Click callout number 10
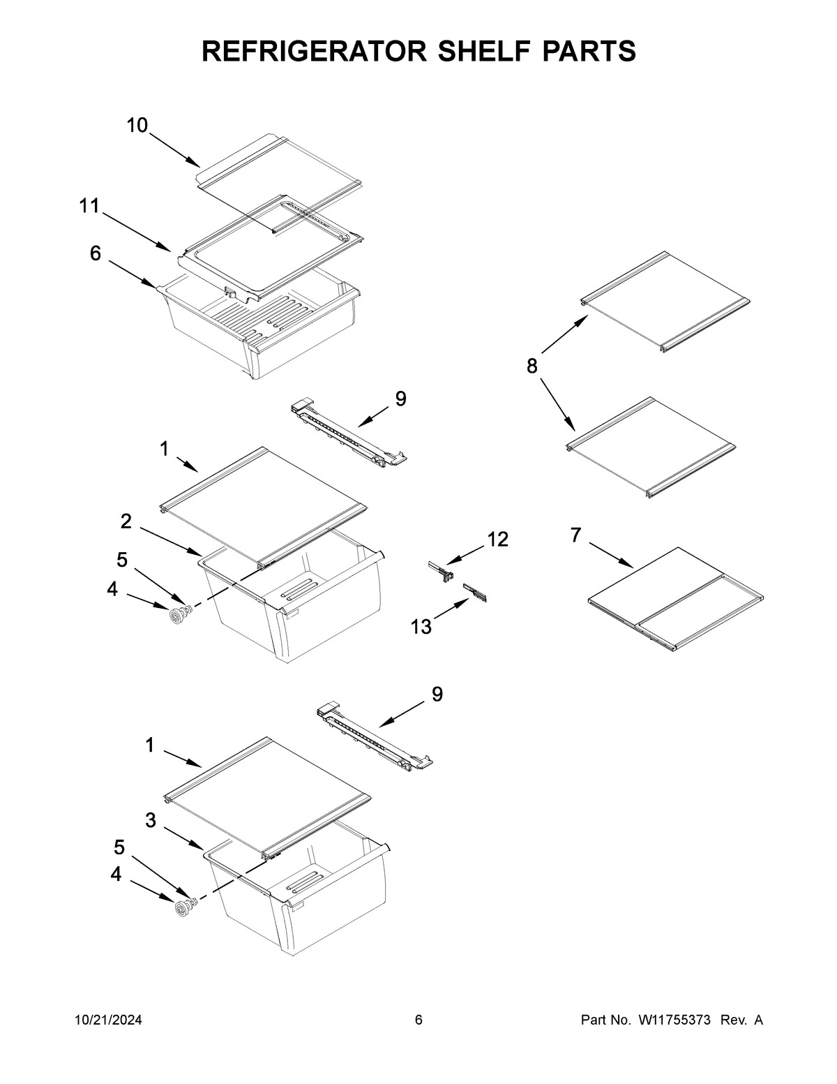click(x=137, y=126)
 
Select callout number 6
click(x=96, y=253)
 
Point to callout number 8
click(x=532, y=366)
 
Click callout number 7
click(x=575, y=535)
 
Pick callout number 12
click(x=498, y=539)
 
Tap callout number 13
click(x=421, y=627)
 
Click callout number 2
click(x=126, y=521)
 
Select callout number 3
click(x=150, y=821)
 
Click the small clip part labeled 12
click(x=441, y=570)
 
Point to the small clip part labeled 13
click(x=476, y=593)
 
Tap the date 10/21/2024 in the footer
click(x=108, y=1020)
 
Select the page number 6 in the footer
click(x=418, y=1020)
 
